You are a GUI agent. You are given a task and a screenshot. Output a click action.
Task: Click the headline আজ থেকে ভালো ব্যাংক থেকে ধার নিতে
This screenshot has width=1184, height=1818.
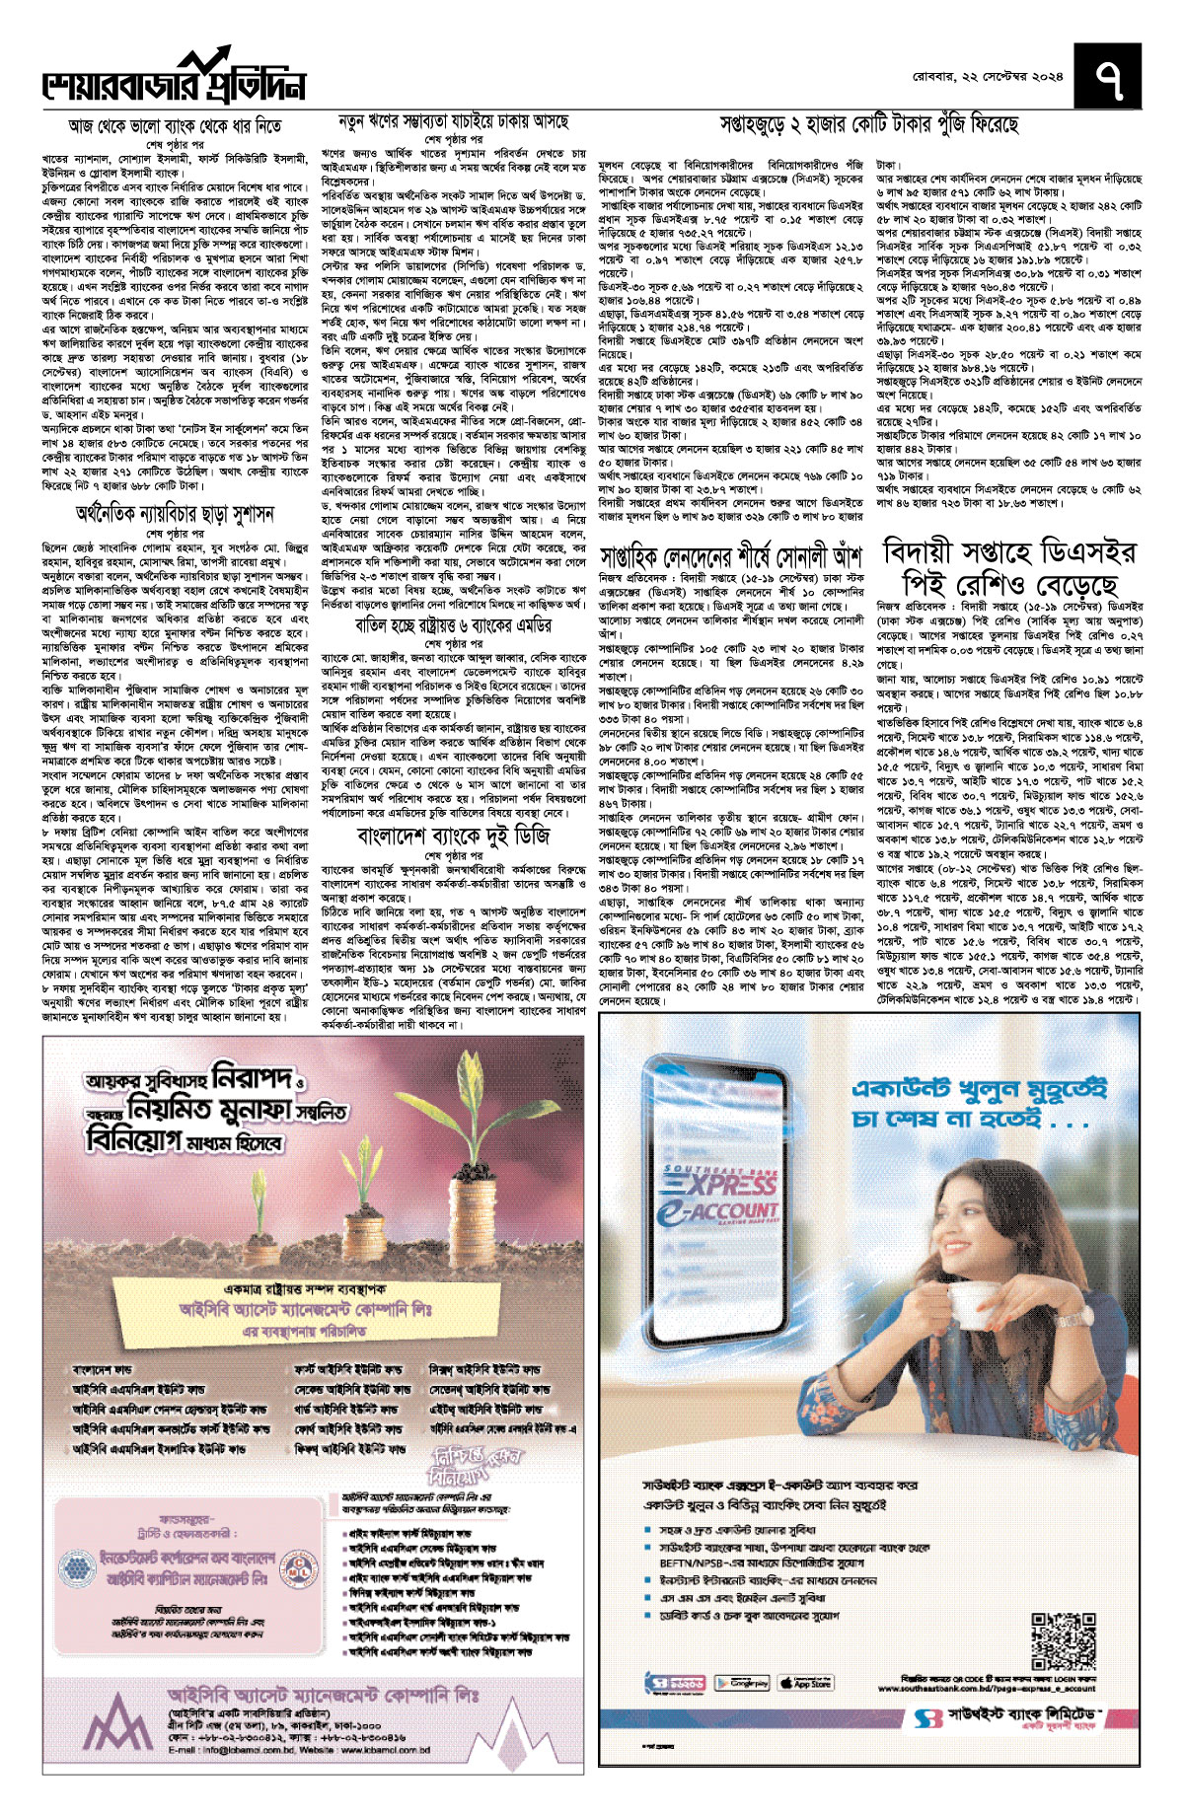(175, 126)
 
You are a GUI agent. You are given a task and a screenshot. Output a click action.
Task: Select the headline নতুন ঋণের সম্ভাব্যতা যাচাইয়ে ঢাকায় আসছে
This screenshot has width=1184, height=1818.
(454, 122)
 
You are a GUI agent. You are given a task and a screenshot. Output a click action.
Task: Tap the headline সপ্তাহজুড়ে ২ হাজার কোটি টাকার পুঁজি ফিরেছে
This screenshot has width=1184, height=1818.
(869, 124)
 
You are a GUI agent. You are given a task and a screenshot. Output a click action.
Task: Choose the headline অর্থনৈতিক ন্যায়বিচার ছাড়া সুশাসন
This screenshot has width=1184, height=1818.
(175, 514)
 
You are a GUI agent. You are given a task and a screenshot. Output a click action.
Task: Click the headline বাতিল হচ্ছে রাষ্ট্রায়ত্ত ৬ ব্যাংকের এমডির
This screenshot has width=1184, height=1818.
(454, 625)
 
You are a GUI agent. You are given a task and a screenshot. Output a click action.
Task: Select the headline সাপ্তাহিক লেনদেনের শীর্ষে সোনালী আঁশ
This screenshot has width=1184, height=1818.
(731, 555)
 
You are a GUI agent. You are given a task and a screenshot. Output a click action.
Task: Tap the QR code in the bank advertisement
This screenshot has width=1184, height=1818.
(1062, 1640)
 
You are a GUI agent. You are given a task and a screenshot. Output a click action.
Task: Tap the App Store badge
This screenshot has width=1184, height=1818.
(806, 1682)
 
